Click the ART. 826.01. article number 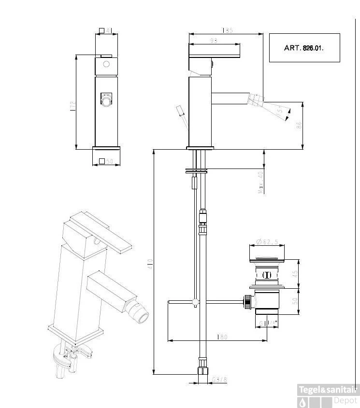click(x=304, y=48)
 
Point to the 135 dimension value click(x=228, y=30)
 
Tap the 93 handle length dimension click(x=214, y=41)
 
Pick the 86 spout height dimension click(x=299, y=125)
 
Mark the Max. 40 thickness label click(x=261, y=182)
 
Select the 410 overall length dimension click(x=150, y=264)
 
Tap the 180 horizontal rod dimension click(x=222, y=337)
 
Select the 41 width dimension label click(x=109, y=31)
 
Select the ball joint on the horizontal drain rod click(x=195, y=303)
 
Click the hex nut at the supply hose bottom click(x=202, y=370)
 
